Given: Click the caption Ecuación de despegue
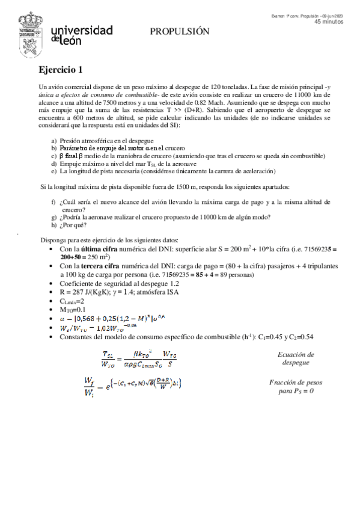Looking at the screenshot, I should coord(294,359).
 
